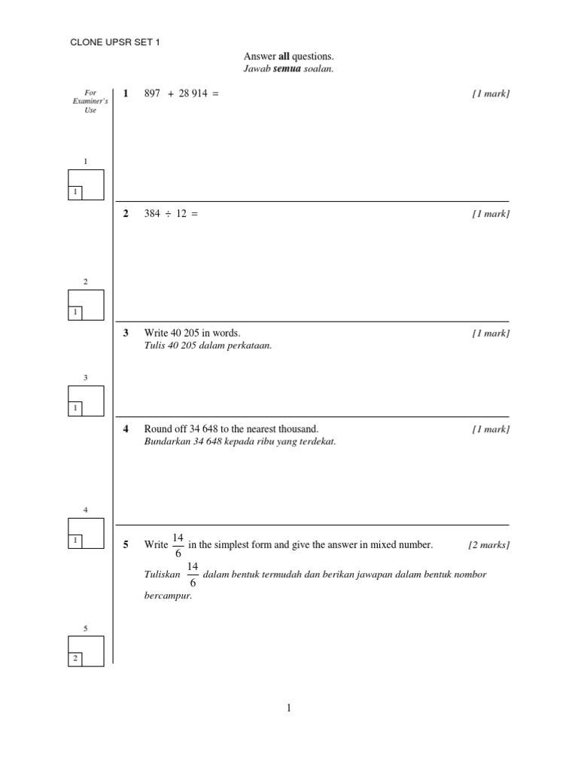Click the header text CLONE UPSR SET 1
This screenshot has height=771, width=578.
click(x=115, y=42)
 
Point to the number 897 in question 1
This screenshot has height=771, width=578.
click(x=152, y=93)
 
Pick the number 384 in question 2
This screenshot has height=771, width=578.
click(x=152, y=214)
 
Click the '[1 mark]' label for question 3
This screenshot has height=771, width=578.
click(x=491, y=333)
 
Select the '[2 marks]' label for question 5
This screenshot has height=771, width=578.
click(x=488, y=545)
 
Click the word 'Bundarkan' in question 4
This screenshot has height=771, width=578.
click(x=163, y=442)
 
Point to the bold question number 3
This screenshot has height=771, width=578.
click(x=126, y=333)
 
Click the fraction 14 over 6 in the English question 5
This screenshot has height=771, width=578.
click(x=178, y=544)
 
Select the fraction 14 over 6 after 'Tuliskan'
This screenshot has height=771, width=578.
click(x=193, y=574)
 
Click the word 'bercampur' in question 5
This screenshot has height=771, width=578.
click(x=163, y=595)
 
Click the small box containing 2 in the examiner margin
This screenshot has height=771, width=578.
click(x=75, y=659)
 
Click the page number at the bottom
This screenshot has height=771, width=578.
click(x=289, y=708)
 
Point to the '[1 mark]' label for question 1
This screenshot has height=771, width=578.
click(x=491, y=93)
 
